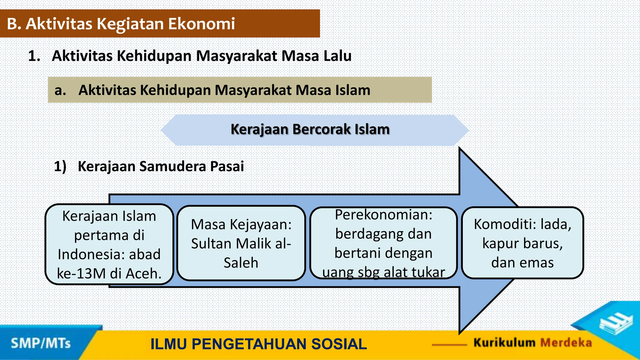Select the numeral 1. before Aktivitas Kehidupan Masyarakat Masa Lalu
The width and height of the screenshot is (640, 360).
click(34, 56)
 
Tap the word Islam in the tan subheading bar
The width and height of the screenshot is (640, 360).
click(353, 90)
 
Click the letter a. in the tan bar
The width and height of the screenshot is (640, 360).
click(60, 90)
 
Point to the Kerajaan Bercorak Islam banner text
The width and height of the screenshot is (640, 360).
click(310, 129)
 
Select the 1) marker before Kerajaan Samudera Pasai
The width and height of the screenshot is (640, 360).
click(60, 166)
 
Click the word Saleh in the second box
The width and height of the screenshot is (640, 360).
click(241, 263)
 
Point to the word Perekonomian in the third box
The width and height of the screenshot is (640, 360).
click(383, 215)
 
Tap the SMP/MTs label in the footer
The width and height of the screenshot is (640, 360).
click(41, 343)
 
